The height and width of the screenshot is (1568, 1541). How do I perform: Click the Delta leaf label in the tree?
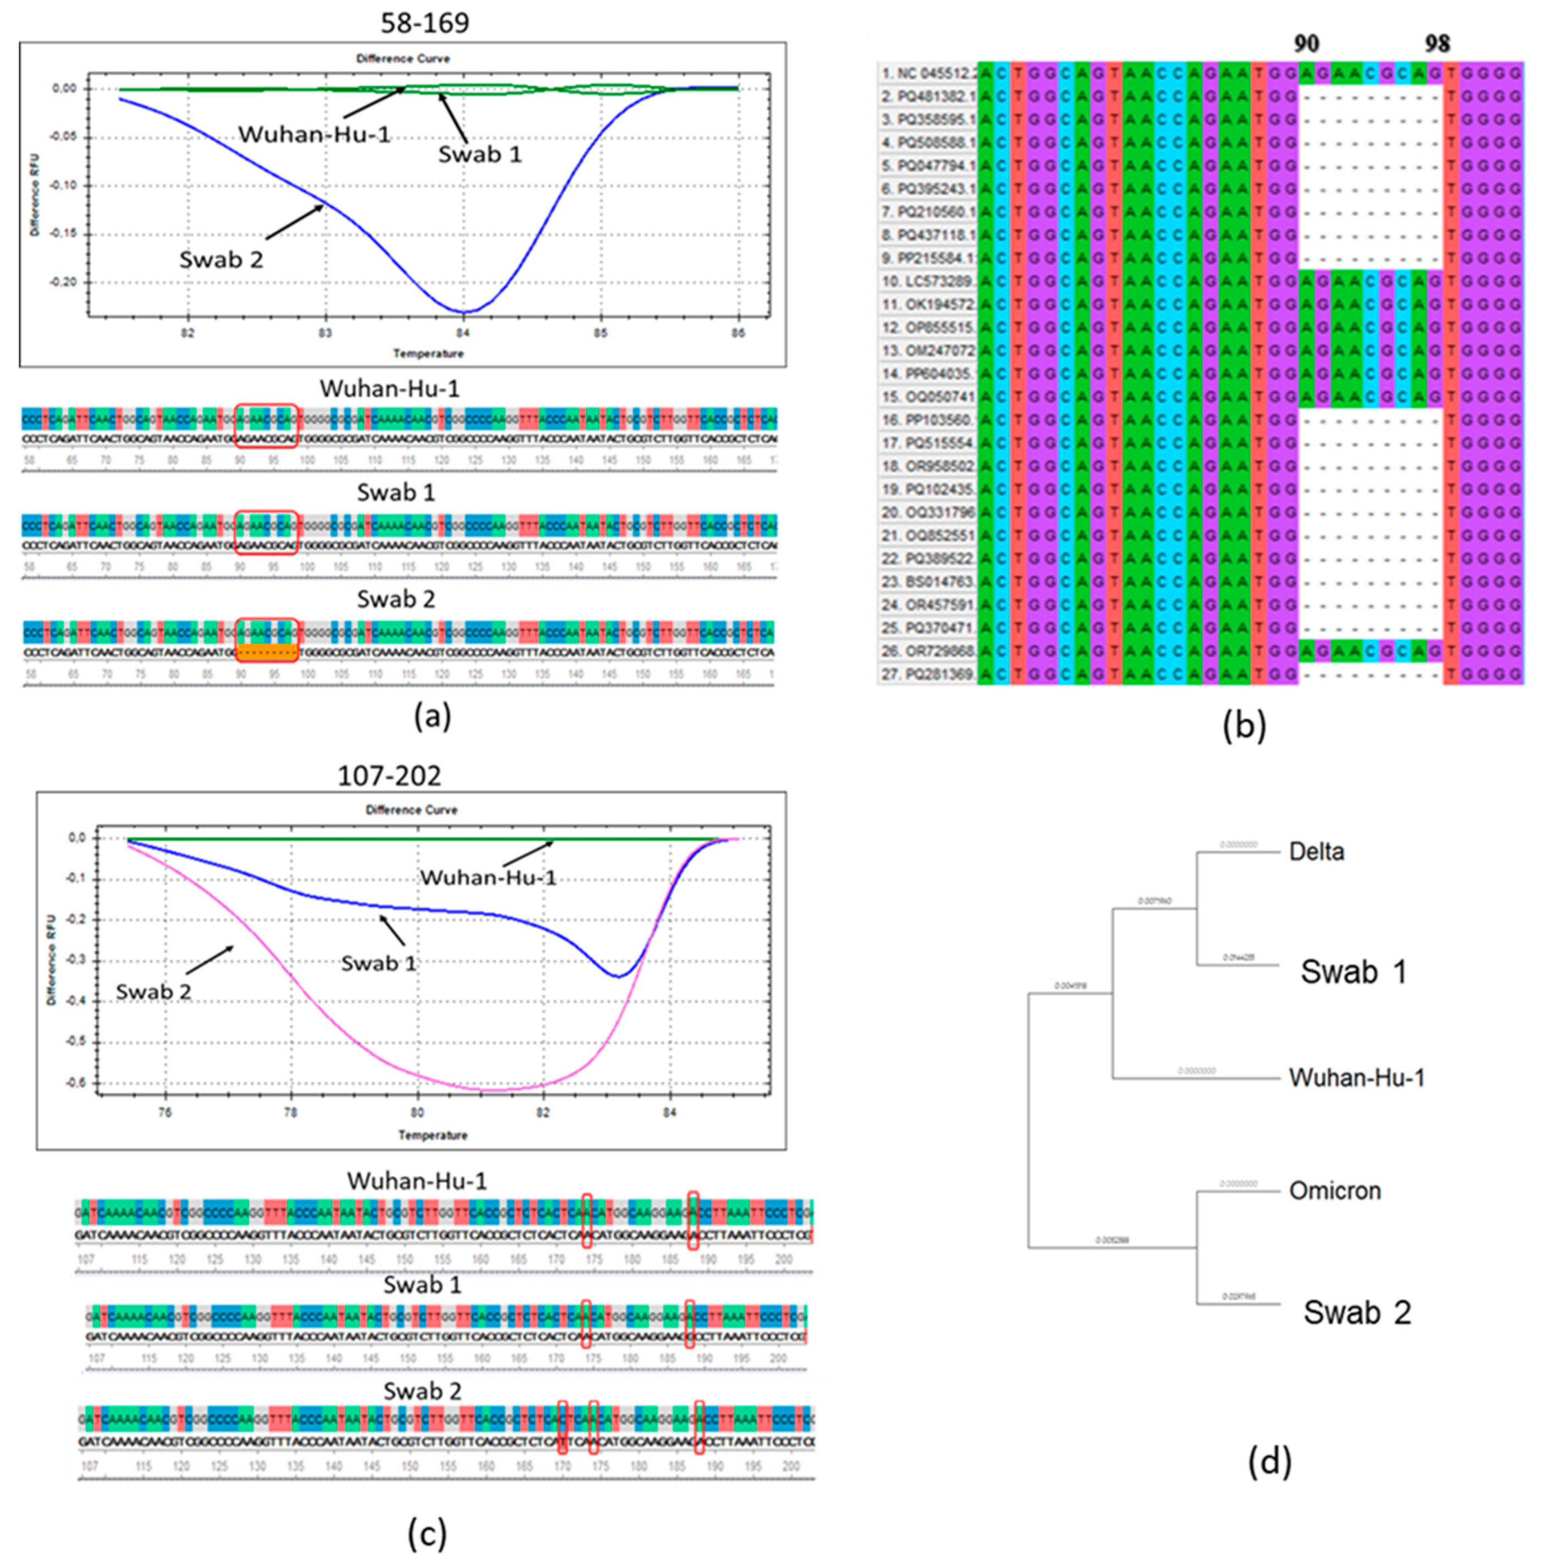click(1316, 852)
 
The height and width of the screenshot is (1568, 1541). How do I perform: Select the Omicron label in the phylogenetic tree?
click(1335, 1191)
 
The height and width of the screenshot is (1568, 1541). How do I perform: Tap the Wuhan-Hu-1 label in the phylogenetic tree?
click(1356, 1077)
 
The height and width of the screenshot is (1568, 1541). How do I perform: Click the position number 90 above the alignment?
click(1306, 43)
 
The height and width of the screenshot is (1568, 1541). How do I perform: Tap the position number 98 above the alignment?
click(1438, 43)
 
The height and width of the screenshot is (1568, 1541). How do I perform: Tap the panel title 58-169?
click(425, 23)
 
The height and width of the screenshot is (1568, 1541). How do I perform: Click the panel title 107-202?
click(390, 776)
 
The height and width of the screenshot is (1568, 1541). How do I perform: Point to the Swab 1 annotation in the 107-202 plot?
click(378, 963)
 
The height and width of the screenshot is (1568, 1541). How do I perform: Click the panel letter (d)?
click(1269, 1461)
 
